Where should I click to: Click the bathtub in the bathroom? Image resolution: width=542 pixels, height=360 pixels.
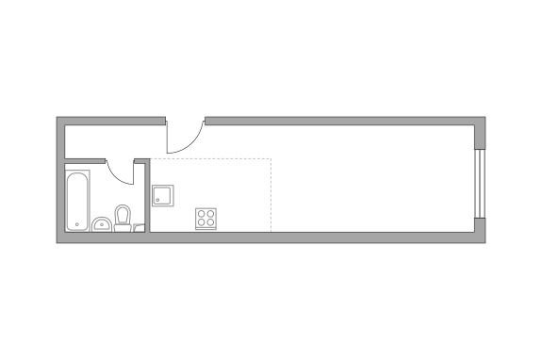point(77,199)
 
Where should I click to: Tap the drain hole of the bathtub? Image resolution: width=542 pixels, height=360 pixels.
point(77,224)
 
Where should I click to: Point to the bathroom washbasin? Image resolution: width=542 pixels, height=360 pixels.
point(101,224)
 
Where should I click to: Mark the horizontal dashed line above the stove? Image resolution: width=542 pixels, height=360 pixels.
point(212,159)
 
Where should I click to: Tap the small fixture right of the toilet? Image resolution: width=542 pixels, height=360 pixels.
point(140,226)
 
